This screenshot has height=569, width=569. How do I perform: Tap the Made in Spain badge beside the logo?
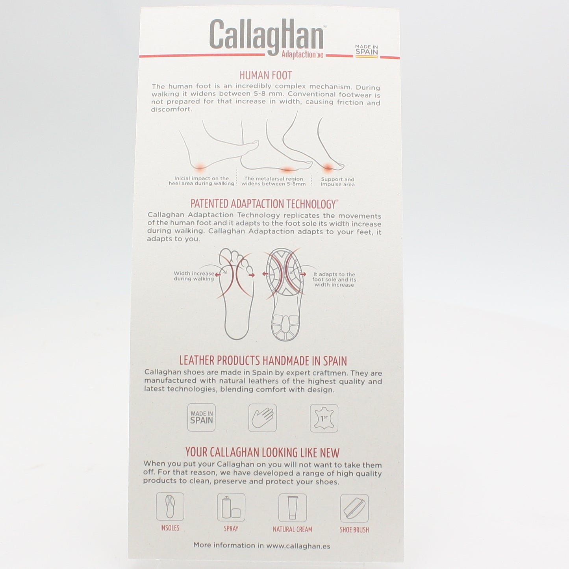click(367, 51)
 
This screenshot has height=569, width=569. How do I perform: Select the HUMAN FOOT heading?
click(266, 75)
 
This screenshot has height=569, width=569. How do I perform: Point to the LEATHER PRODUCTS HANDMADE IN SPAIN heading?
click(263, 361)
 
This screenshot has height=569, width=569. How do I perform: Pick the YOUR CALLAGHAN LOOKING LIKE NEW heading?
click(262, 452)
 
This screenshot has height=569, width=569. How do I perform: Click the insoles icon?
click(170, 506)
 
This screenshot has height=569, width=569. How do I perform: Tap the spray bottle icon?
click(231, 507)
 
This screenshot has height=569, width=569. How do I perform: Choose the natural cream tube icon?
click(293, 508)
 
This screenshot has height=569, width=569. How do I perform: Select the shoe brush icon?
click(354, 508)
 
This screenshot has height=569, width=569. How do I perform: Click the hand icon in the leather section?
click(263, 418)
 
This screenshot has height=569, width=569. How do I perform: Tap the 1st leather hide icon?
click(324, 418)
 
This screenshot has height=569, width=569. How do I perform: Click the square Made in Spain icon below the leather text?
click(202, 417)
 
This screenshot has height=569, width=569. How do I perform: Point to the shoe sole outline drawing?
click(285, 294)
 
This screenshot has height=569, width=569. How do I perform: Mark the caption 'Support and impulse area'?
click(337, 182)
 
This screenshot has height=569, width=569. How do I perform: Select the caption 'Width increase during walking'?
click(194, 276)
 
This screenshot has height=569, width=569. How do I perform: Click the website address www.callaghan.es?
click(298, 546)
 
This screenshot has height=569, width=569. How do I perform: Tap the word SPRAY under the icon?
click(231, 528)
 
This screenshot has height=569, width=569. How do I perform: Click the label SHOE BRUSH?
click(354, 530)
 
